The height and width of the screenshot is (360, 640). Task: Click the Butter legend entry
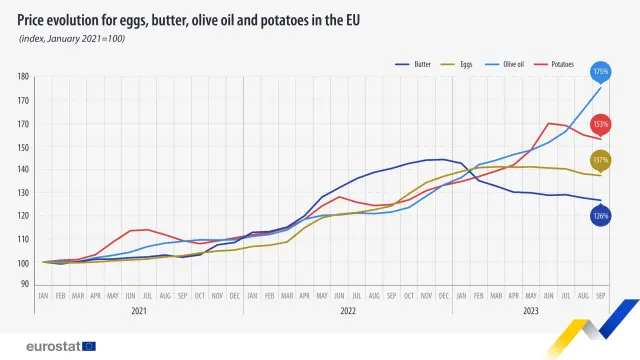[421, 64]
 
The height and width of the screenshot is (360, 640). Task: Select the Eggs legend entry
[466, 64]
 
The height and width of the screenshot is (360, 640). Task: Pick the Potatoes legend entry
[561, 64]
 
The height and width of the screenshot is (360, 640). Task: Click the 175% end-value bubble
[601, 72]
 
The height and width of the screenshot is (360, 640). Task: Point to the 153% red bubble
[601, 124]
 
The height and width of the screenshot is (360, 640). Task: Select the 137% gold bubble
[601, 160]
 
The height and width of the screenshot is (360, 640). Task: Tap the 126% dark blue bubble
[601, 215]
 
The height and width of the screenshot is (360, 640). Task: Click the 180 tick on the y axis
[23, 77]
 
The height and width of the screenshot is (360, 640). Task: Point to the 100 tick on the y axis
[23, 263]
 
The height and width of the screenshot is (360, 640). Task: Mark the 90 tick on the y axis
[25, 284]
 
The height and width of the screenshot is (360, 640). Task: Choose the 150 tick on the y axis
[23, 147]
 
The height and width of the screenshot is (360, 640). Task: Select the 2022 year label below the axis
[348, 311]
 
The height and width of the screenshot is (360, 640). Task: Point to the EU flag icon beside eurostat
[89, 345]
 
